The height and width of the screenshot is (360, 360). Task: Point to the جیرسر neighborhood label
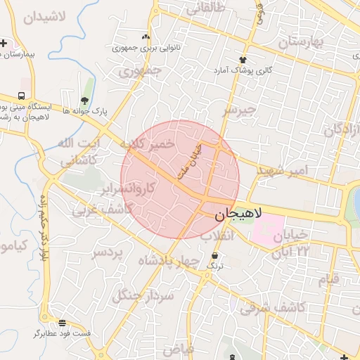click(240, 111)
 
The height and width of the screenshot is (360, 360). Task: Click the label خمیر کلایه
click(146, 144)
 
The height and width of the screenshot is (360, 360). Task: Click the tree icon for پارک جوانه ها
click(85, 101)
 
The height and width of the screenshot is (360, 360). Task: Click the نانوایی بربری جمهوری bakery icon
click(146, 37)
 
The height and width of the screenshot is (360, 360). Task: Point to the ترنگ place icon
click(214, 255)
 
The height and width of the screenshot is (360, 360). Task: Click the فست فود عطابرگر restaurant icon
click(63, 323)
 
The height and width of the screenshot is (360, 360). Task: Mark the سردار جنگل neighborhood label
click(143, 296)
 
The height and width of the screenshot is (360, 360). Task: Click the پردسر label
click(108, 252)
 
